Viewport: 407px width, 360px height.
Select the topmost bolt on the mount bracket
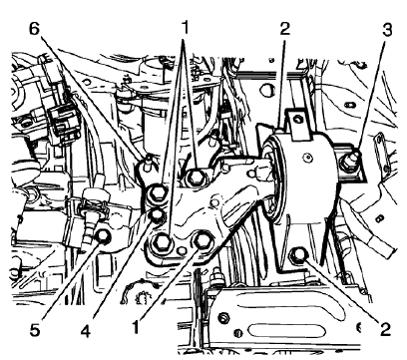click(x=197, y=178)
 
